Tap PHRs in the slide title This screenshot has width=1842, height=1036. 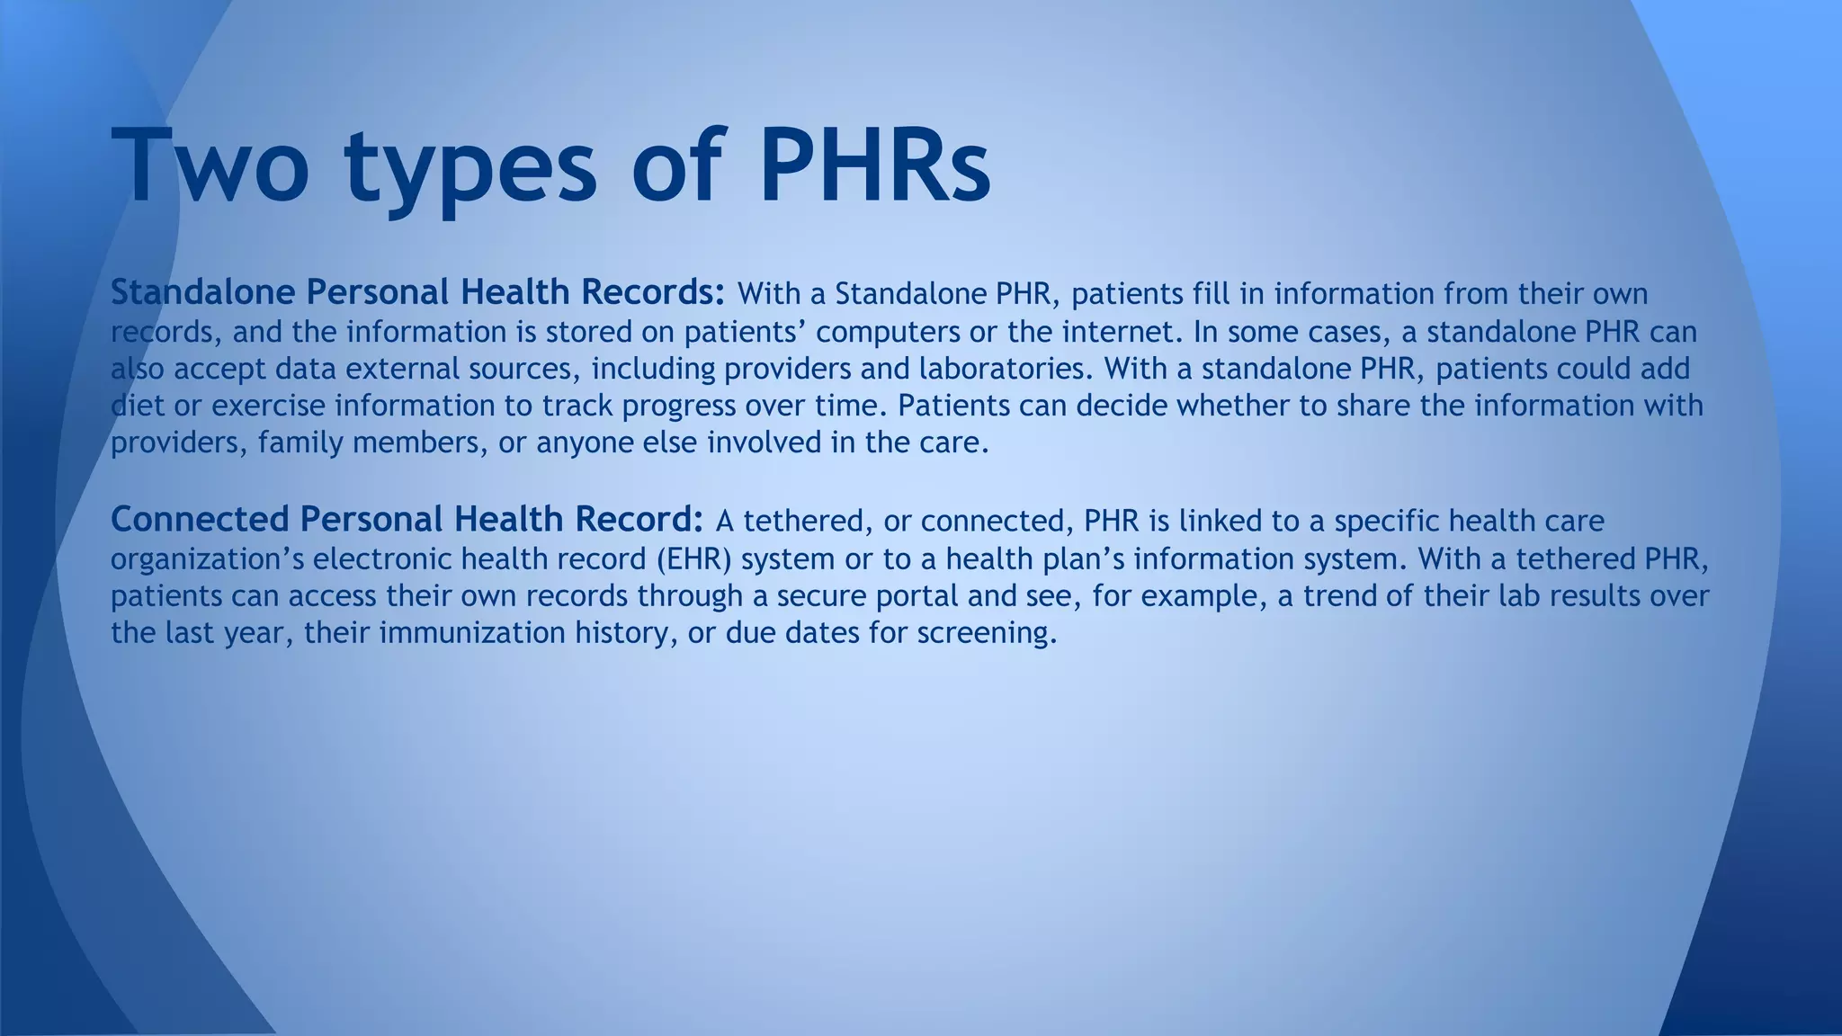pyautogui.click(x=874, y=166)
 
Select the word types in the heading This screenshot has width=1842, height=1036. pyautogui.click(x=469, y=171)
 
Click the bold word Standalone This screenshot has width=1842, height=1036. pyautogui.click(x=202, y=292)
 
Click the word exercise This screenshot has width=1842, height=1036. pyautogui.click(x=268, y=406)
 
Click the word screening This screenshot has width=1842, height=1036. pyautogui.click(x=987, y=633)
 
